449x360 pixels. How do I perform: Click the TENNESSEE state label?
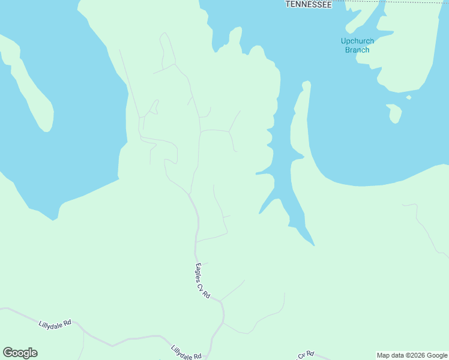[309, 4]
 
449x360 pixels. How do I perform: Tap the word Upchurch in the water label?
[357, 41]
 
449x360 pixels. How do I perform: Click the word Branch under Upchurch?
[357, 50]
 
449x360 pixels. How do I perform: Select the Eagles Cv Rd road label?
[202, 280]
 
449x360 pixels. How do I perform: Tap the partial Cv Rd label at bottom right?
[306, 355]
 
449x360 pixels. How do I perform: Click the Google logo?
[20, 353]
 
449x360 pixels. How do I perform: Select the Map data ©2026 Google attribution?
[412, 355]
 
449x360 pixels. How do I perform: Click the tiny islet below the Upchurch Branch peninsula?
[409, 97]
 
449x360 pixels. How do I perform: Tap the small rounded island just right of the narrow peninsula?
[394, 113]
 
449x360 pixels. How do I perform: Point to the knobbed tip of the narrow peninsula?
[306, 85]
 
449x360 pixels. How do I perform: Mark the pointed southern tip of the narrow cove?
[313, 245]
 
